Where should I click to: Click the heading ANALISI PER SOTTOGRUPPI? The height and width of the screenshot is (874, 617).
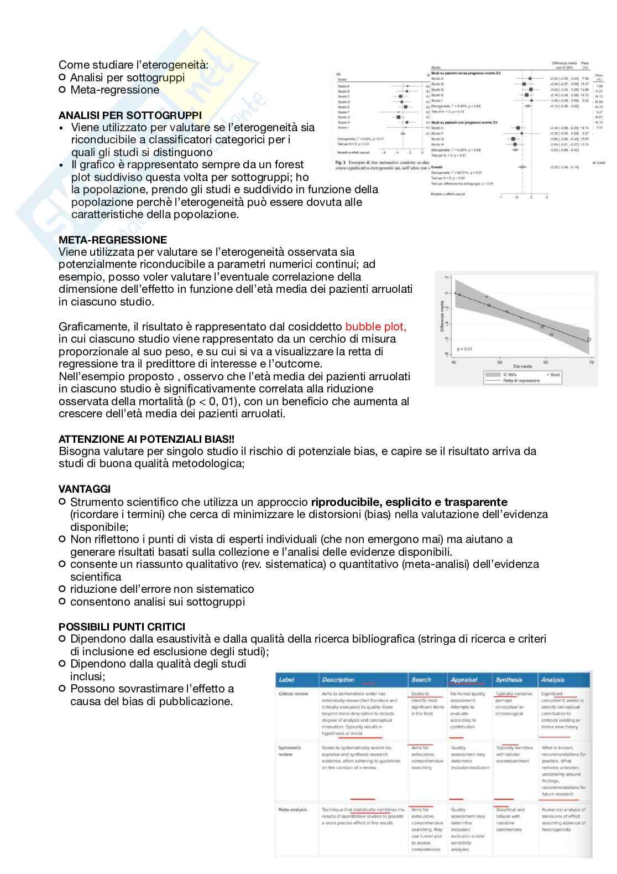pos(130,115)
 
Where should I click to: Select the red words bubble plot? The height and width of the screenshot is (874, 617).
pos(375,327)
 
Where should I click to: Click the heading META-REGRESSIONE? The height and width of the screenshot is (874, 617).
pos(113,240)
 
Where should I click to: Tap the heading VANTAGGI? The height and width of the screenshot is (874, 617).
pos(85,489)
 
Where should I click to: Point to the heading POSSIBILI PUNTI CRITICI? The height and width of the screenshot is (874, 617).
pos(122,627)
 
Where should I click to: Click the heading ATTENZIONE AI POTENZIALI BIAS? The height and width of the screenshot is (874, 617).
pos(146,439)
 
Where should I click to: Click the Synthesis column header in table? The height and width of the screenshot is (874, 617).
pos(509,680)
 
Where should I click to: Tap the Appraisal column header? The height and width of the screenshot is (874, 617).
pos(463,680)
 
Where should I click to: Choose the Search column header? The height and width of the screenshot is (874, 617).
pos(421,680)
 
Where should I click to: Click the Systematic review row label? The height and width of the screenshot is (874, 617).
pos(290,751)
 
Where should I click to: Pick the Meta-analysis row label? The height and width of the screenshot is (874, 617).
pos(292,810)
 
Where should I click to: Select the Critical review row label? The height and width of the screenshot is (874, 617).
pos(294,694)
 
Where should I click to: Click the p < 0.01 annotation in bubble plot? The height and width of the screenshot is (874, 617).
pos(464,349)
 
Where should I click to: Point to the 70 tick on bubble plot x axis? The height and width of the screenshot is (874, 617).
pos(591,362)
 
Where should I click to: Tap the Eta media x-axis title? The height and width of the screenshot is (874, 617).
pos(522,366)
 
